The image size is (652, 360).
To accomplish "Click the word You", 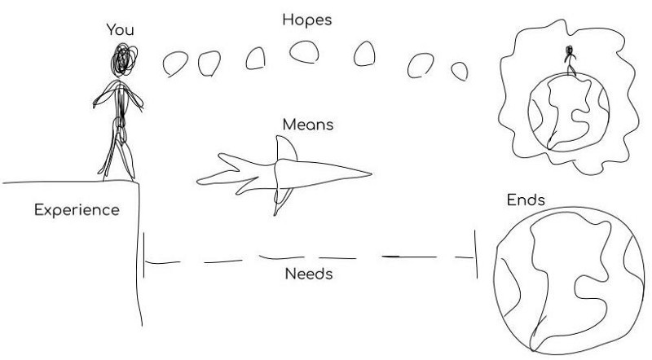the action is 120,30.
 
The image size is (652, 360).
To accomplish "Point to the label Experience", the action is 77,210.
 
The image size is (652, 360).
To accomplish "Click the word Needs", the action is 308,274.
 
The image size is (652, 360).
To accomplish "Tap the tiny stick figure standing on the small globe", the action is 570,62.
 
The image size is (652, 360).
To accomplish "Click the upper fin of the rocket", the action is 282,148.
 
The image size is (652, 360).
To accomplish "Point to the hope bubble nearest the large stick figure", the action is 175,63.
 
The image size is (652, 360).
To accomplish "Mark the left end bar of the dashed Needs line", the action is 143,256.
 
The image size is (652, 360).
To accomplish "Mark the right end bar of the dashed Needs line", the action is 476,255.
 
